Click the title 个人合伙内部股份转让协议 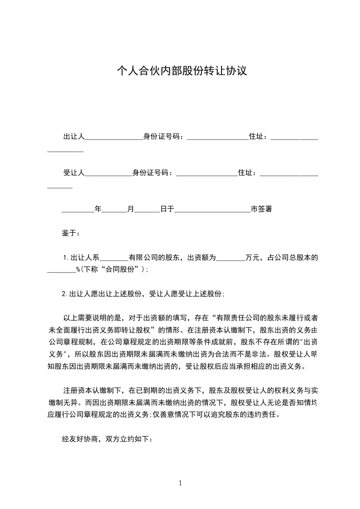point(182,71)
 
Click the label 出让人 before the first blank point(74,136)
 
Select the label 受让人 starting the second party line point(74,172)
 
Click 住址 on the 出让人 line point(257,136)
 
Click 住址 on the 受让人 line point(246,172)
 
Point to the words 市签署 point(261,209)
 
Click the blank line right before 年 point(78,210)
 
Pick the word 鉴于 point(70,233)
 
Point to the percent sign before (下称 point(78,269)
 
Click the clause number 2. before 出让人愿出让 point(65,294)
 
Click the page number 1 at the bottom point(180,483)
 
